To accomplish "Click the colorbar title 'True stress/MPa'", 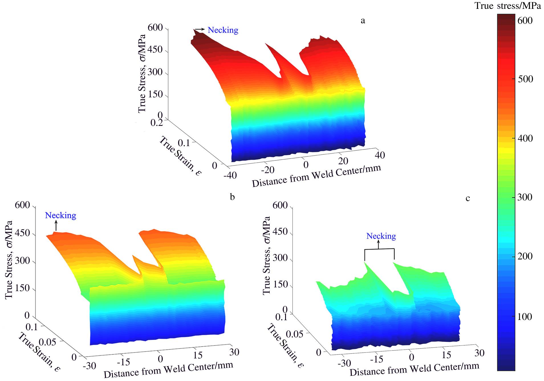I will tap(508, 6).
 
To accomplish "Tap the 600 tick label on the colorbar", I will tap(525, 20).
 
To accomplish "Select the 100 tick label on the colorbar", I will tap(525, 317).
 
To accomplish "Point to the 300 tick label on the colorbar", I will tap(525, 197).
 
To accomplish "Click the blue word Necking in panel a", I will tap(223, 30).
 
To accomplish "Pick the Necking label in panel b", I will tap(60, 215).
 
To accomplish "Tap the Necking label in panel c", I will tap(381, 236).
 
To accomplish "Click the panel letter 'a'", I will tap(363, 20).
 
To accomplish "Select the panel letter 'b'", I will tap(232, 197).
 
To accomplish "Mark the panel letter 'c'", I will tap(468, 198).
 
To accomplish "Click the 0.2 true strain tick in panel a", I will tap(157, 123).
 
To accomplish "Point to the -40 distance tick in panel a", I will tap(230, 175).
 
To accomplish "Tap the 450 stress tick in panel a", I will tap(155, 50).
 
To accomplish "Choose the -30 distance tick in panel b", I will tap(89, 366).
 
